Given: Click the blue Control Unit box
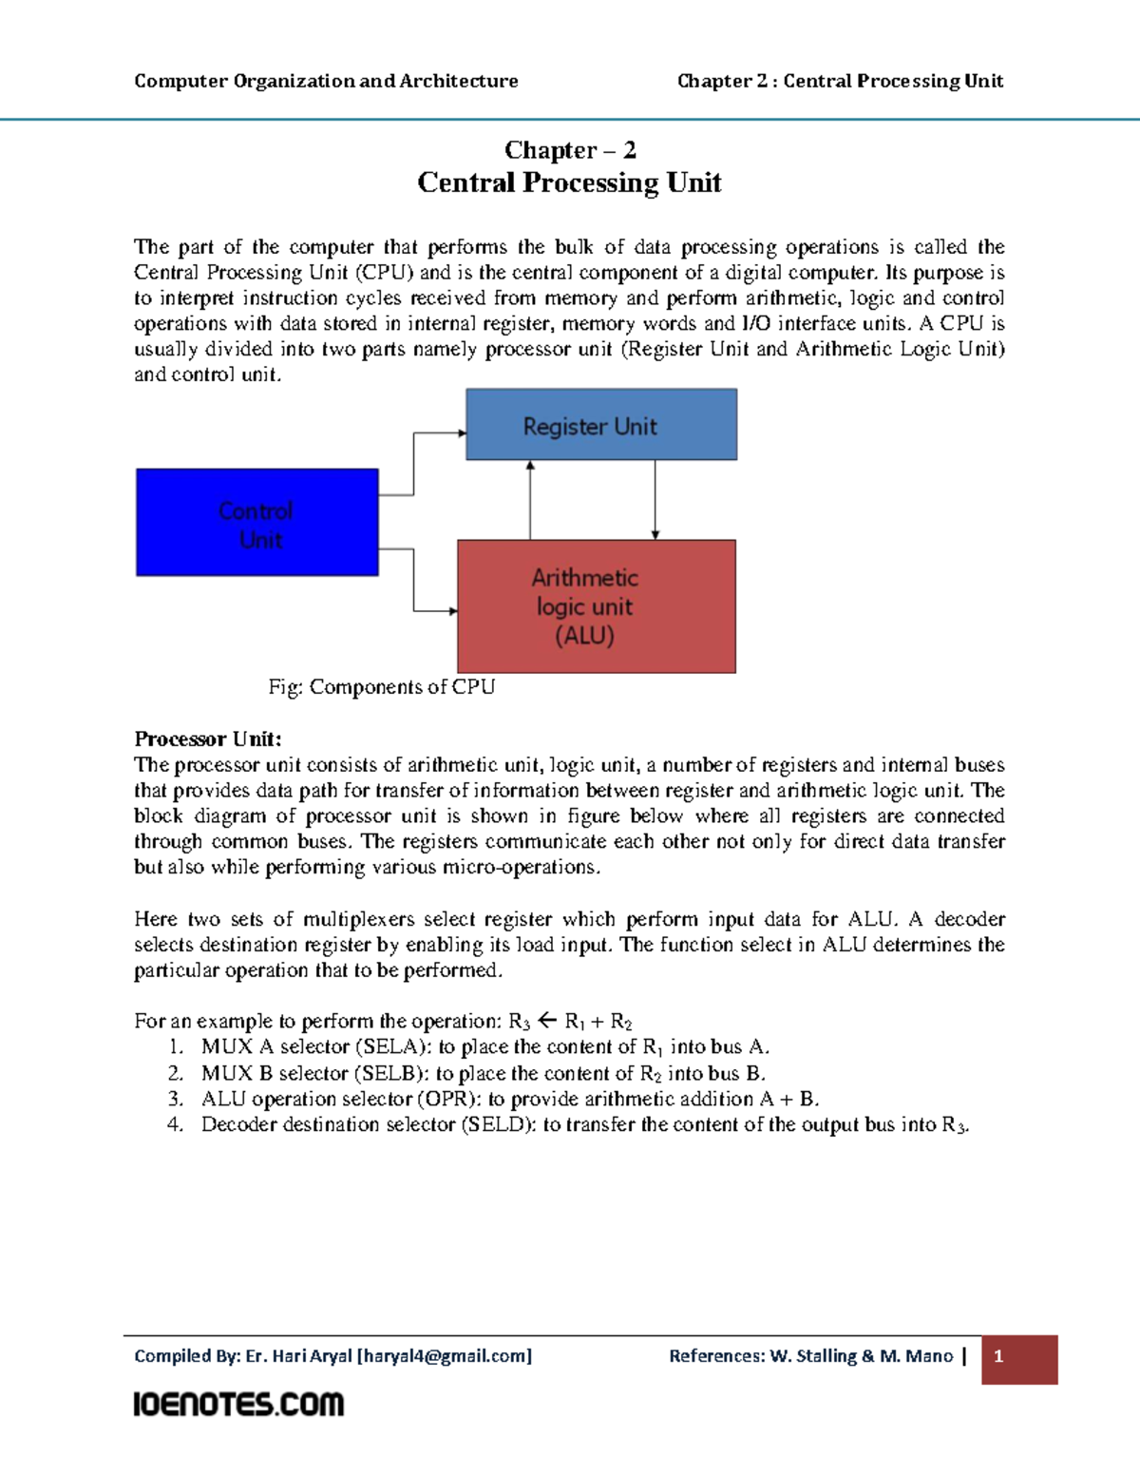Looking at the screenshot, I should pos(256,523).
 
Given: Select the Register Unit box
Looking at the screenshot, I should pos(600,425).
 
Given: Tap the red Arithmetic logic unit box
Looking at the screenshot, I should pos(596,606).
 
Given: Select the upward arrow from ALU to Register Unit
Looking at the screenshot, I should pos(530,500).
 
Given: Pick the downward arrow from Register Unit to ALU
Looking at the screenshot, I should pos(655,500).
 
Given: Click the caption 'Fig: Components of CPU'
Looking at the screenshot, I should pos(381,687).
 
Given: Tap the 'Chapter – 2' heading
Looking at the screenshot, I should pos(570,150).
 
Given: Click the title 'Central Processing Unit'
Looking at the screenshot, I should pos(569,182).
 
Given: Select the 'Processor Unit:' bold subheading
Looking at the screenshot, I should pos(208,739).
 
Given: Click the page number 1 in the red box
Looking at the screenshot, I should pos(998,1357).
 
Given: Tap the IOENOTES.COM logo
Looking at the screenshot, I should pos(238,1404).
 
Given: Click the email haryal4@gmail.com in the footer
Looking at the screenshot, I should pos(444,1356).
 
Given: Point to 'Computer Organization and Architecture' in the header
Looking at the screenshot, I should pos(326,81).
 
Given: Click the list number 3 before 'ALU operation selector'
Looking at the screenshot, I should pos(175,1099).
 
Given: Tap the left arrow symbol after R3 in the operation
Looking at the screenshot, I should pos(547,1021).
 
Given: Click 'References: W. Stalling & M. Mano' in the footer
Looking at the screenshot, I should pos(810,1356).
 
